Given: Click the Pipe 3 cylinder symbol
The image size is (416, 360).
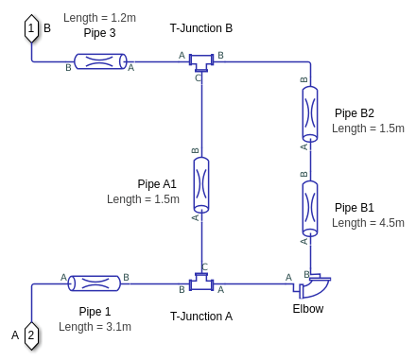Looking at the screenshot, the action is point(100,61).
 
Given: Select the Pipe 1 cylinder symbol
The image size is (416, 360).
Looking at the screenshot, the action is point(95,283).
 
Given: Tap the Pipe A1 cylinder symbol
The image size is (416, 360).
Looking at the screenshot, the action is point(201,185).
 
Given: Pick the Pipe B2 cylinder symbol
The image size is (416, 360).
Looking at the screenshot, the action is point(310,114).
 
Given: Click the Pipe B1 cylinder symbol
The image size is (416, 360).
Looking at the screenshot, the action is point(310,208).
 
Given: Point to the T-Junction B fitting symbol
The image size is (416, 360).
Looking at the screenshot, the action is point(201,62).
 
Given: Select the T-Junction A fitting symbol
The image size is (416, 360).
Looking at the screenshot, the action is point(201,282).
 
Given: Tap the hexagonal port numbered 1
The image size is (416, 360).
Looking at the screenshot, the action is point(31,28).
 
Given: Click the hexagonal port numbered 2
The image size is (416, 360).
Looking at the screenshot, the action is point(31,335).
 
